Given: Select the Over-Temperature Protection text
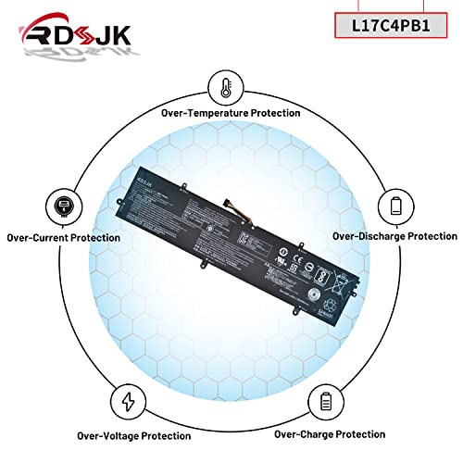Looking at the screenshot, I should [x=231, y=112].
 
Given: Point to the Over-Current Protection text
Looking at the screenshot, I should [x=63, y=238].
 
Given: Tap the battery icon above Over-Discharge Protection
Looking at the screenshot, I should [x=395, y=206].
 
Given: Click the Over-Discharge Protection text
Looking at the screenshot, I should [x=394, y=236].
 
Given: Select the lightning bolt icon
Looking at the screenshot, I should [x=127, y=401].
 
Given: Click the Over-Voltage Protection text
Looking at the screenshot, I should [x=128, y=432].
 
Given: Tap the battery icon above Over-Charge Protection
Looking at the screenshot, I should [x=325, y=401].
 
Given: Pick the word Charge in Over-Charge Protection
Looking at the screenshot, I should [x=325, y=432].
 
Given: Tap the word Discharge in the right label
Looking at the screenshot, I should [x=390, y=236].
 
